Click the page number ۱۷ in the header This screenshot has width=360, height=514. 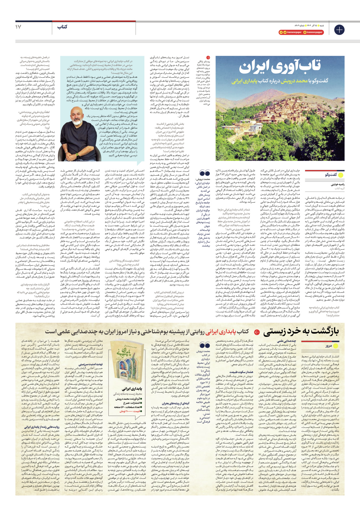pyautogui.click(x=18, y=27)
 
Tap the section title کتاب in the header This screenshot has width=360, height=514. pyautogui.click(x=62, y=27)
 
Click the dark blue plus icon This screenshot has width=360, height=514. pyautogui.click(x=339, y=30)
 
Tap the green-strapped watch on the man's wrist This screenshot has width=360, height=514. pyautogui.click(x=77, y=154)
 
